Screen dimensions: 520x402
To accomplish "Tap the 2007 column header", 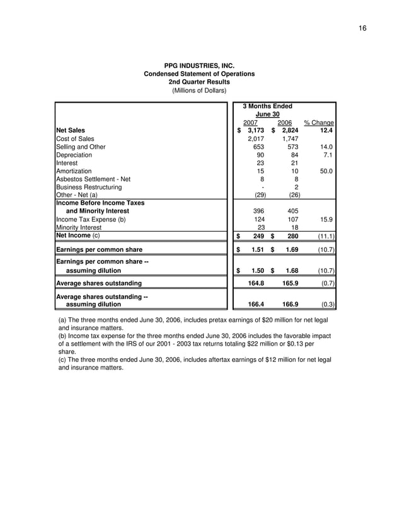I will (x=250, y=122).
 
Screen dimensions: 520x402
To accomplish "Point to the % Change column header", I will (x=318, y=122).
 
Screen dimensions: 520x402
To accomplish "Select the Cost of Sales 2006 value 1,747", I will (x=290, y=138).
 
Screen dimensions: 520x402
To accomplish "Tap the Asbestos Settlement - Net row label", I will (x=93, y=179).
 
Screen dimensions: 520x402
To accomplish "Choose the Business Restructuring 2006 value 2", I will (x=297, y=187).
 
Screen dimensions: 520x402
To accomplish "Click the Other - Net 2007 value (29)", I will (x=257, y=195).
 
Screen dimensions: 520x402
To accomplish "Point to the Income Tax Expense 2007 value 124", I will (x=258, y=220).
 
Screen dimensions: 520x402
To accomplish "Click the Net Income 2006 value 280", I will (x=292, y=236).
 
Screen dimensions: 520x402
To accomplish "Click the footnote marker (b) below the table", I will (x=62, y=337).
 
